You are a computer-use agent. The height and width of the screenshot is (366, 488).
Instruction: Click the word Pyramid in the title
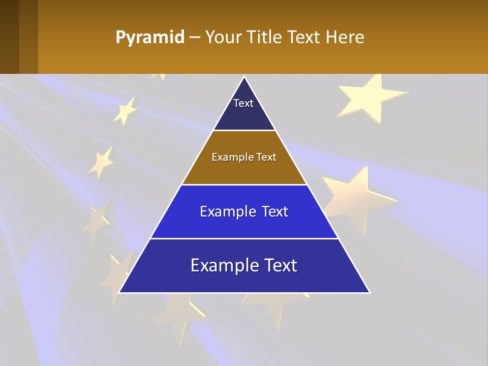(x=150, y=38)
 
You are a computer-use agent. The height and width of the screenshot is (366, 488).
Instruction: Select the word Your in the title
(x=223, y=38)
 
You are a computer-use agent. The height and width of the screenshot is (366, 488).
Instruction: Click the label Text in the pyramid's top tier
(x=243, y=103)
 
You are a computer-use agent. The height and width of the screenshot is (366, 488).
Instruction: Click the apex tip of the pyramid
(x=245, y=77)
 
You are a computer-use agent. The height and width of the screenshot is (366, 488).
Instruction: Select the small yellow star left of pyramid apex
(x=125, y=110)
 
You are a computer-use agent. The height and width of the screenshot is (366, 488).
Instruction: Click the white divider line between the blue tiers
(x=244, y=238)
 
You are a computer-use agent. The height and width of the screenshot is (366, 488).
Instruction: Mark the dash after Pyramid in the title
(x=195, y=38)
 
